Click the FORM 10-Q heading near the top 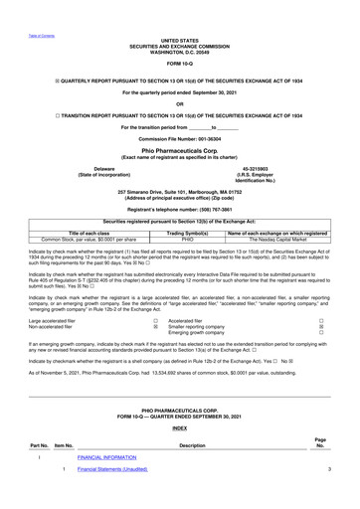point(179,63)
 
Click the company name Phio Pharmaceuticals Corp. point(179,152)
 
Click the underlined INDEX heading point(179,428)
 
